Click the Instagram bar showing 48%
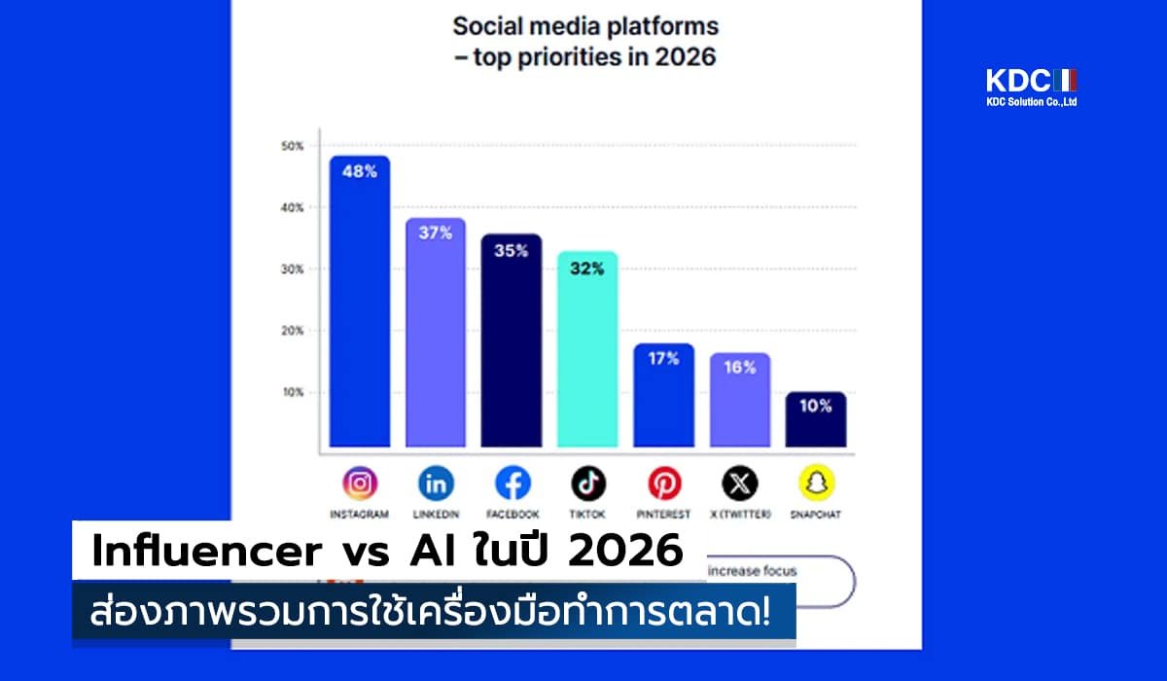pos(359,302)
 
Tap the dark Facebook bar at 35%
pos(512,340)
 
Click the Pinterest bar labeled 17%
pos(663,395)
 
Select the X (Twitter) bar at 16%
pos(740,399)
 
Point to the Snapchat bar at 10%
pos(816,419)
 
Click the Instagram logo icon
pos(359,483)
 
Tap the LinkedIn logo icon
pos(436,483)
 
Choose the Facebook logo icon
pos(512,483)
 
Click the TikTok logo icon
pos(587,483)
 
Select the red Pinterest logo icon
pos(664,483)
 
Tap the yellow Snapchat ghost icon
pos(817,483)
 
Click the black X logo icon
pos(740,483)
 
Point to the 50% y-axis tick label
pos(293,146)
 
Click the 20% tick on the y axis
pos(293,331)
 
